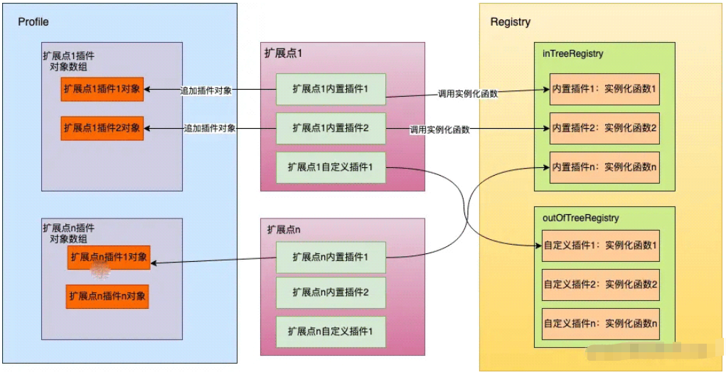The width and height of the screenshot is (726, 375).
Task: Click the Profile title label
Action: pos(33,22)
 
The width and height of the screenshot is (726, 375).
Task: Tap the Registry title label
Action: pos(510,22)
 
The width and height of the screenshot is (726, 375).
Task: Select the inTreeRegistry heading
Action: pos(572,54)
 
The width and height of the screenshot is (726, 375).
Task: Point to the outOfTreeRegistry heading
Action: pos(580,218)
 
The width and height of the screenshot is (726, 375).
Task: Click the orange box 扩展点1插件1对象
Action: pos(102,89)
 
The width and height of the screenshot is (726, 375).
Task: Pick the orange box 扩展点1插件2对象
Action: pos(102,128)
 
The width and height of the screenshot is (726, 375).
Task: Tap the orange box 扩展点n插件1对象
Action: pos(108,257)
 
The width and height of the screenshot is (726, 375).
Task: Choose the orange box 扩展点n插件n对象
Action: pos(108,295)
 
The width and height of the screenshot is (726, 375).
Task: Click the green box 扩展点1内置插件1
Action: pos(331,90)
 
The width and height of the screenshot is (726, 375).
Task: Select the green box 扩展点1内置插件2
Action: pos(331,128)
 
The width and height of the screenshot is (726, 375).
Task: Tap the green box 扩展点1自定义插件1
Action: pos(331,167)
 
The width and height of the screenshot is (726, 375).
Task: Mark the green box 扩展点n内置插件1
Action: pos(331,257)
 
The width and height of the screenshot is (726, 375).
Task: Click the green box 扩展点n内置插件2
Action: pos(331,292)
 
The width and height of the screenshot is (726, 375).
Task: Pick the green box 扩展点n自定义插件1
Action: pos(331,332)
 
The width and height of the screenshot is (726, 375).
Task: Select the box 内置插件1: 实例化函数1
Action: pos(604,90)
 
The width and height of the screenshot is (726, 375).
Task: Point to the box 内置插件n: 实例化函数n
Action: pos(604,167)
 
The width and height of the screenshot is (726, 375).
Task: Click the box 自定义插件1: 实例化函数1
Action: pos(600,246)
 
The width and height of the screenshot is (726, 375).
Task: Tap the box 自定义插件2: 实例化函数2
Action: pos(600,285)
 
